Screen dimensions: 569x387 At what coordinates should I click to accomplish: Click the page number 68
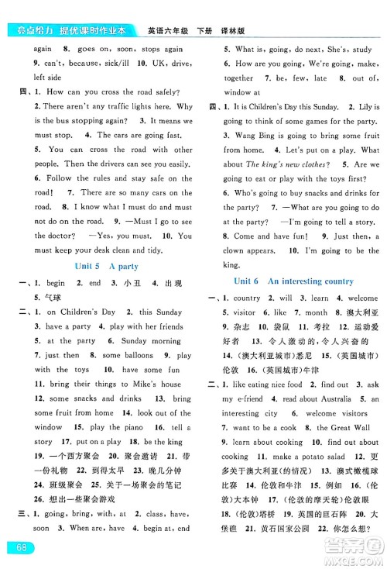tap(15, 549)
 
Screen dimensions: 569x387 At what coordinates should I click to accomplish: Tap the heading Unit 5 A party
tap(101, 266)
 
